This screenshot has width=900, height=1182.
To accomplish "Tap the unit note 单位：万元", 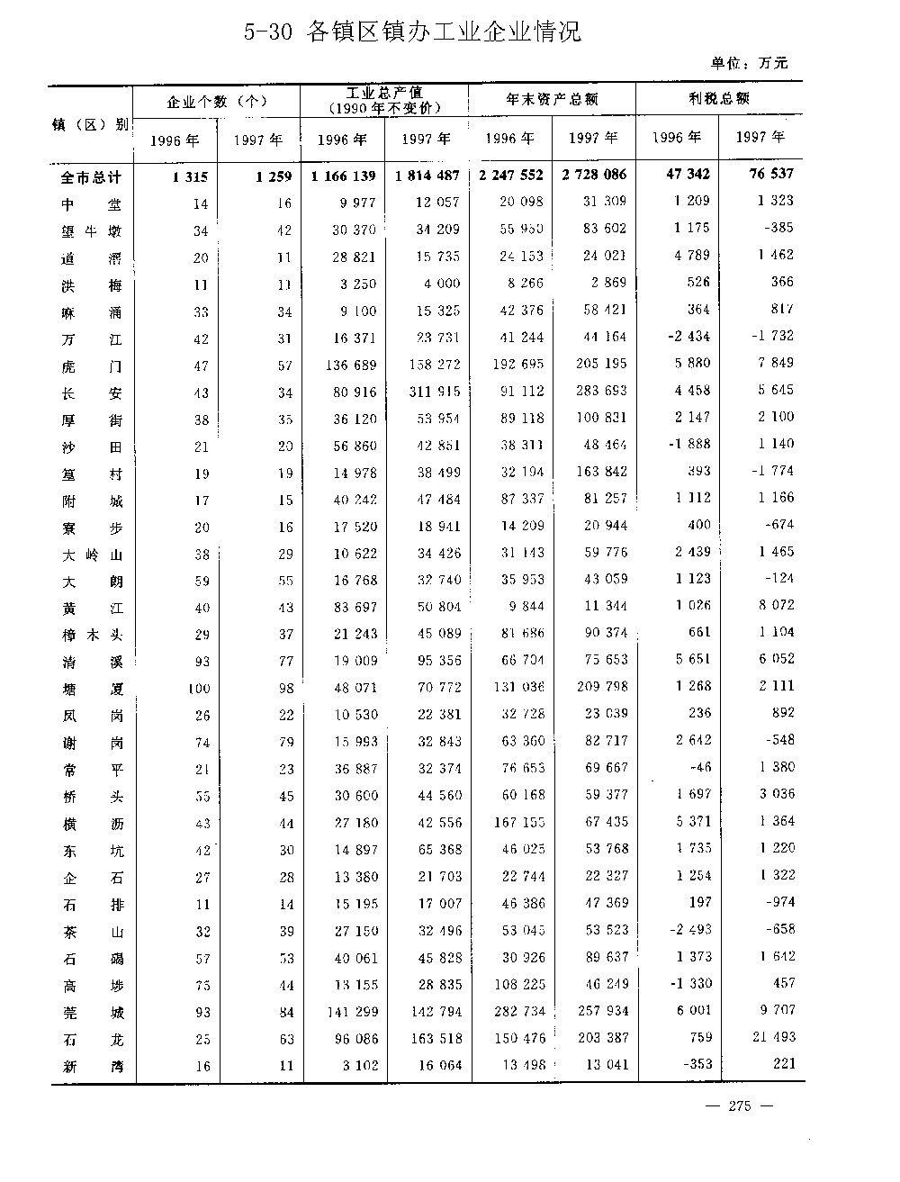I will pos(749,63).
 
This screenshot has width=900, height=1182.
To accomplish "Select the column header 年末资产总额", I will pos(552,99).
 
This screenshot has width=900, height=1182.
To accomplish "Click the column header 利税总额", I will pos(719,98).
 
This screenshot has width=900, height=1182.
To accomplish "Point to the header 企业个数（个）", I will pos(216,101).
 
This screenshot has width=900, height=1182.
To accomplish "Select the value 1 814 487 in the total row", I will pos(427,176).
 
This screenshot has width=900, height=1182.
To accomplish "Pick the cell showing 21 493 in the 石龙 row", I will pos(773,1037).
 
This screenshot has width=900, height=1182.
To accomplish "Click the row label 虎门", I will pos(92,366).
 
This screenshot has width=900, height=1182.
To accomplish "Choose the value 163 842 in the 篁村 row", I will pos(596,472).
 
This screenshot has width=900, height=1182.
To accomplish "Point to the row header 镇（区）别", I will pos(89,124).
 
